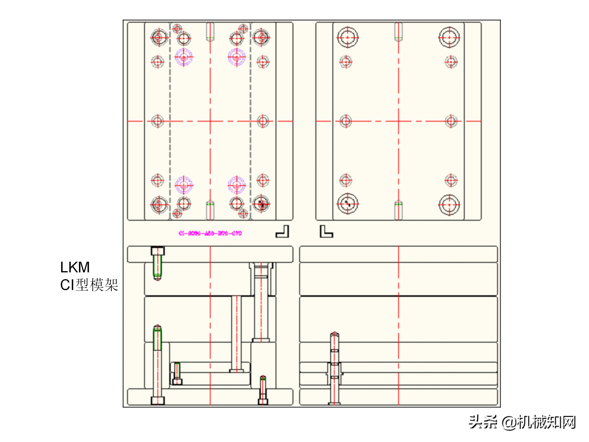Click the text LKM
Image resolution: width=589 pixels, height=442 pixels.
click(x=75, y=267)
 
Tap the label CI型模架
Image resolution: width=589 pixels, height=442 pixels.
click(x=89, y=285)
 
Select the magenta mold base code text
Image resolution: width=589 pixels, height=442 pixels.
click(x=210, y=233)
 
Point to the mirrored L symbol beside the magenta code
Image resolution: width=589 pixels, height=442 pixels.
click(x=282, y=231)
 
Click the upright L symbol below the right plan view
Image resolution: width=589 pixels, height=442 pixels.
click(x=326, y=231)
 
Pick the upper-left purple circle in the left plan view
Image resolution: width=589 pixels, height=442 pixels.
click(x=183, y=57)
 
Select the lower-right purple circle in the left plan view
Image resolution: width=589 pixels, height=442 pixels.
click(x=236, y=185)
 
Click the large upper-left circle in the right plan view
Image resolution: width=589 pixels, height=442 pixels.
click(x=347, y=37)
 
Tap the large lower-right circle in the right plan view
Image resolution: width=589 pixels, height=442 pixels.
click(x=450, y=205)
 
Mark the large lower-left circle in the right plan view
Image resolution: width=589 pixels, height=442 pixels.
click(x=347, y=204)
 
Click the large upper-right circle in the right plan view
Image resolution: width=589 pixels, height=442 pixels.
click(x=450, y=37)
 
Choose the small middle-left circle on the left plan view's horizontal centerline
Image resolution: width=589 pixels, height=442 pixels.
click(x=158, y=121)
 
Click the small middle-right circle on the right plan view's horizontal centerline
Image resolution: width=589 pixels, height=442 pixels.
click(x=451, y=121)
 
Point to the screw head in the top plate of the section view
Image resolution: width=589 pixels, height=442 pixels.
click(x=158, y=251)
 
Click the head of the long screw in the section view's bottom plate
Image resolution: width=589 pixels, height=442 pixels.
click(x=158, y=400)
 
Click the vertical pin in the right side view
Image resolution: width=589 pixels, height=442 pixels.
click(x=334, y=368)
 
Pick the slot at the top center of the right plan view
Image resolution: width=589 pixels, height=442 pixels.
click(x=398, y=32)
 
